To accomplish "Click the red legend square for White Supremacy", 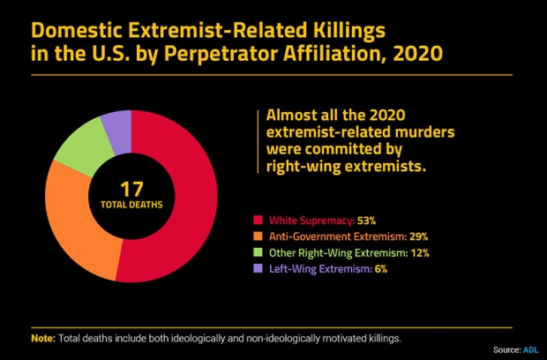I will pos(258,220).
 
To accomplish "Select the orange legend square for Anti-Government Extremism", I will pos(258,236).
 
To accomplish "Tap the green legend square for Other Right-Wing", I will pos(258,253).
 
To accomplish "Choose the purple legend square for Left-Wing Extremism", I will pos(258,270).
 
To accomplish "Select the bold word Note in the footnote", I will pos(43,338).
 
